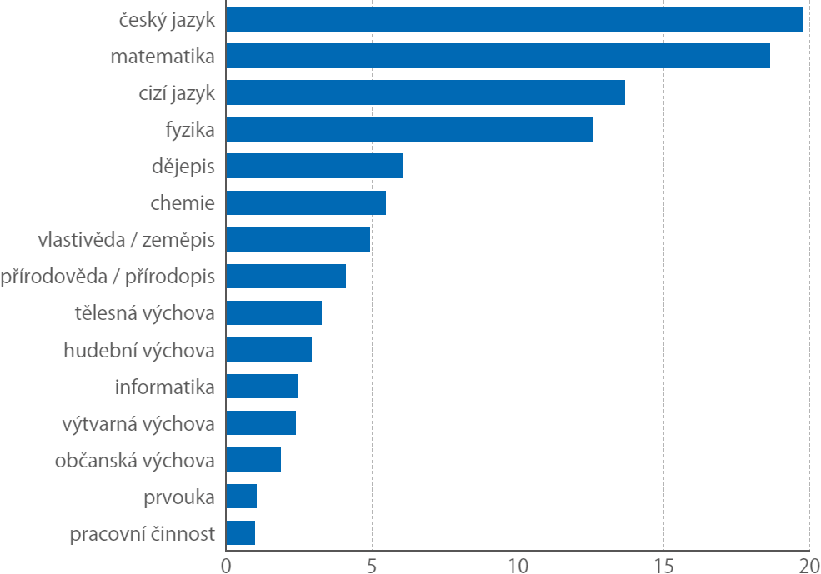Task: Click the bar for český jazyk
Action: [514, 19]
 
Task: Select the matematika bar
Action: [498, 56]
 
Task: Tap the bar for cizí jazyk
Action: [425, 92]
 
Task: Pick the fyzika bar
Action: [408, 129]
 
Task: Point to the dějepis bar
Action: [314, 166]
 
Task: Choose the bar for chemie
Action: [306, 202]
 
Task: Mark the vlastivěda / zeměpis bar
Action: [298, 239]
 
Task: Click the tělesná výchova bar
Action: [273, 312]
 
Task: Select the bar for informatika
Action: [262, 386]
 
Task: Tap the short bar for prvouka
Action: [241, 496]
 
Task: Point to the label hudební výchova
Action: [139, 350]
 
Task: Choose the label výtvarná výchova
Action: [138, 423]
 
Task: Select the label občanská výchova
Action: [135, 460]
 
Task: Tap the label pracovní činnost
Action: [143, 533]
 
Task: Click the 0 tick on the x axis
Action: [226, 564]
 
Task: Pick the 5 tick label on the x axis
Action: [372, 564]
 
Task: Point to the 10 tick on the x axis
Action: [518, 564]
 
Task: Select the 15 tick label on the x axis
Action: [663, 564]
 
